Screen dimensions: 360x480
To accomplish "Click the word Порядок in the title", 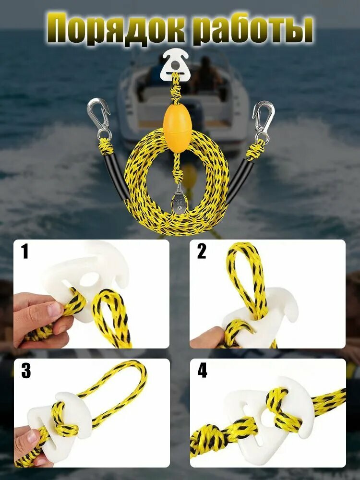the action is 119,30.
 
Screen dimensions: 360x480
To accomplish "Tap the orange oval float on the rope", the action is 175,129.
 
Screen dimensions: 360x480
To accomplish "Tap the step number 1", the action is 25,252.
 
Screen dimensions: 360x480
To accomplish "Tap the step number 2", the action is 202,252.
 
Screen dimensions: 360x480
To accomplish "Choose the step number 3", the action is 26,371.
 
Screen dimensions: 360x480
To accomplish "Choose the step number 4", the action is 202,371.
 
